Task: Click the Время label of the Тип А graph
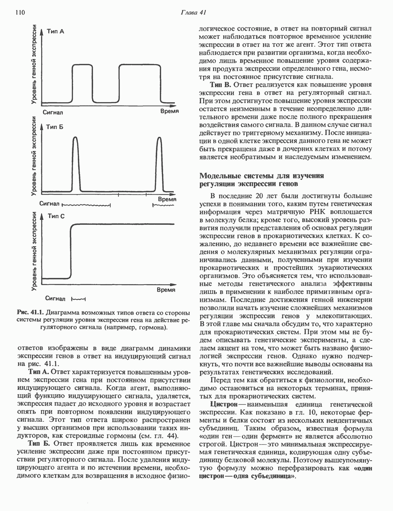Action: pyautogui.click(x=170, y=112)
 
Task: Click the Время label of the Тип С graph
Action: pyautogui.click(x=165, y=290)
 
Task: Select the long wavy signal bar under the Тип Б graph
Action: pyautogui.click(x=86, y=204)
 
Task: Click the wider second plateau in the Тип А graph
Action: pyautogui.click(x=140, y=65)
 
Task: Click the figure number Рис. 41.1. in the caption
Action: pyautogui.click(x=30, y=313)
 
